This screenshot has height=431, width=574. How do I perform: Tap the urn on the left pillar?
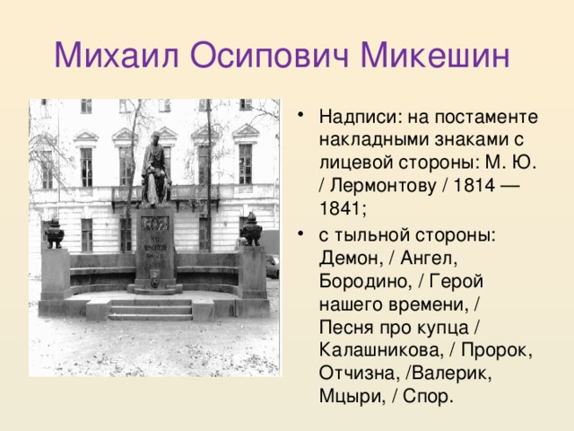point(54,233)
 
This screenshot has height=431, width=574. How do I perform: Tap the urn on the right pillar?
point(251,231)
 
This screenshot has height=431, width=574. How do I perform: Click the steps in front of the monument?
point(151,309)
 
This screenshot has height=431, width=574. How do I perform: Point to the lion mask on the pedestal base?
point(155,282)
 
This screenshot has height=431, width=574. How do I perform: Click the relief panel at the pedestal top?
point(155,221)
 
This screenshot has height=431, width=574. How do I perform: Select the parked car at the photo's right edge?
point(273,266)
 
